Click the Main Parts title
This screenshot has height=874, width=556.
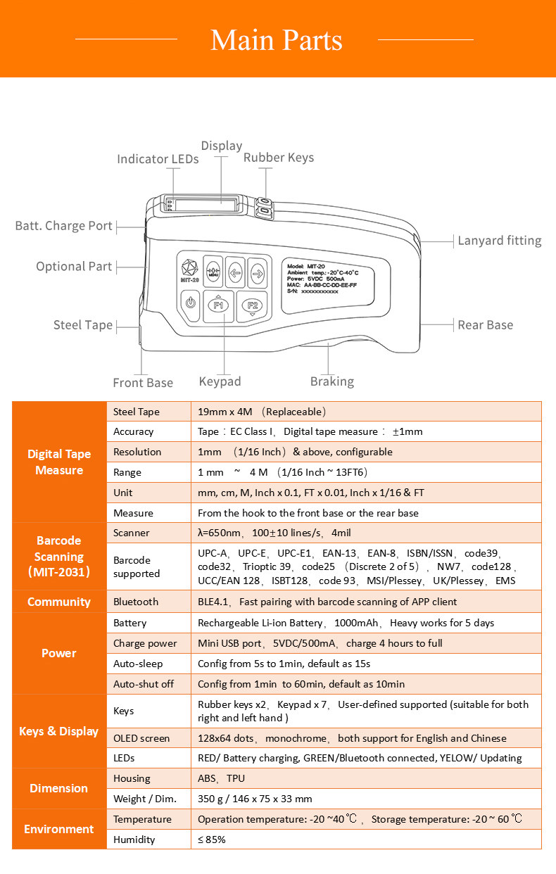[277, 40]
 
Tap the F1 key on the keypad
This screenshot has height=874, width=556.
[218, 305]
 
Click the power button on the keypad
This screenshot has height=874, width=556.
[189, 303]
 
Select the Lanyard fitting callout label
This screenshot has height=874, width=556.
[499, 241]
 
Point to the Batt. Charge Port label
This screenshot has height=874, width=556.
[64, 226]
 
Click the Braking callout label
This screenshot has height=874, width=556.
[331, 381]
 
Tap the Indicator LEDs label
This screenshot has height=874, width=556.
[158, 159]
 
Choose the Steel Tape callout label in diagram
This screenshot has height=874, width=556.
[83, 324]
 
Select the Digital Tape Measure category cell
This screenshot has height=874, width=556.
[59, 462]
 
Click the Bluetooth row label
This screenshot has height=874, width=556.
[136, 602]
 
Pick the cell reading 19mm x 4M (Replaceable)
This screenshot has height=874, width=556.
[261, 412]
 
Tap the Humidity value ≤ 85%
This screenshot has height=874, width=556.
[212, 840]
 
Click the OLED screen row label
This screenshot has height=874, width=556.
[141, 738]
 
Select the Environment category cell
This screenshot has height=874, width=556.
[59, 829]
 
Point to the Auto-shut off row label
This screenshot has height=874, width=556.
[143, 684]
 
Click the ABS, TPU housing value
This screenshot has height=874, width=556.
[221, 778]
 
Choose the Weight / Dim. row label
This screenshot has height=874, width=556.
[145, 799]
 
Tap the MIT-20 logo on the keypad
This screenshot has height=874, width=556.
[189, 270]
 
